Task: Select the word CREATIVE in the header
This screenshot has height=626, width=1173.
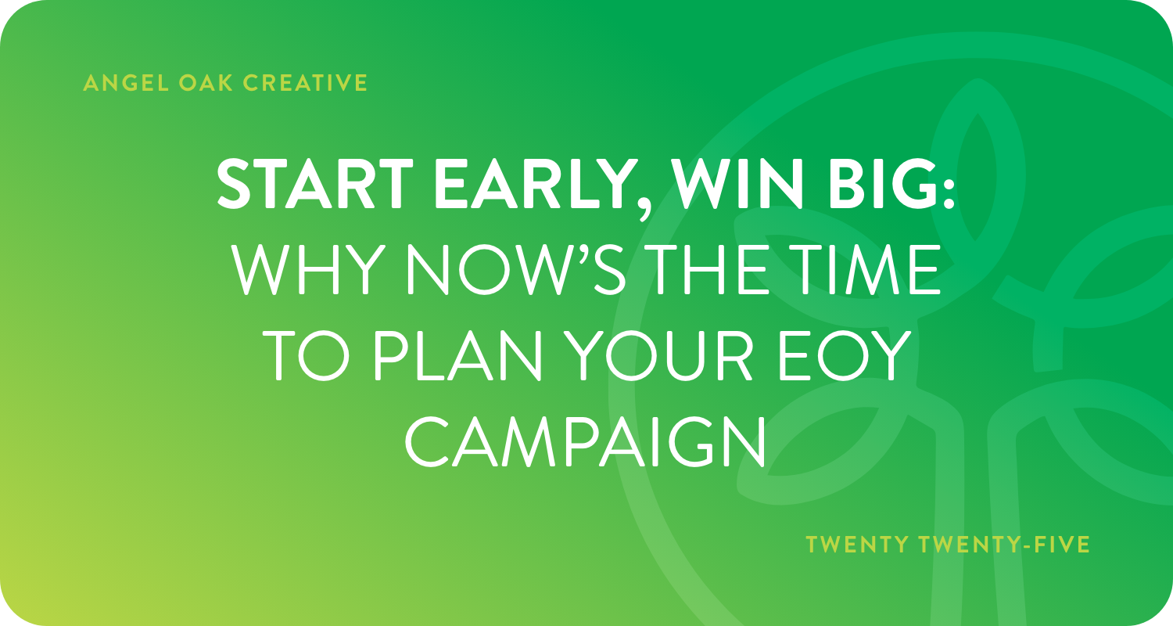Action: click(305, 83)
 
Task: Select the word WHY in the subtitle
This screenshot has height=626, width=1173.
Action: click(305, 269)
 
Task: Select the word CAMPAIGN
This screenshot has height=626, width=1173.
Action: click(585, 441)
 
